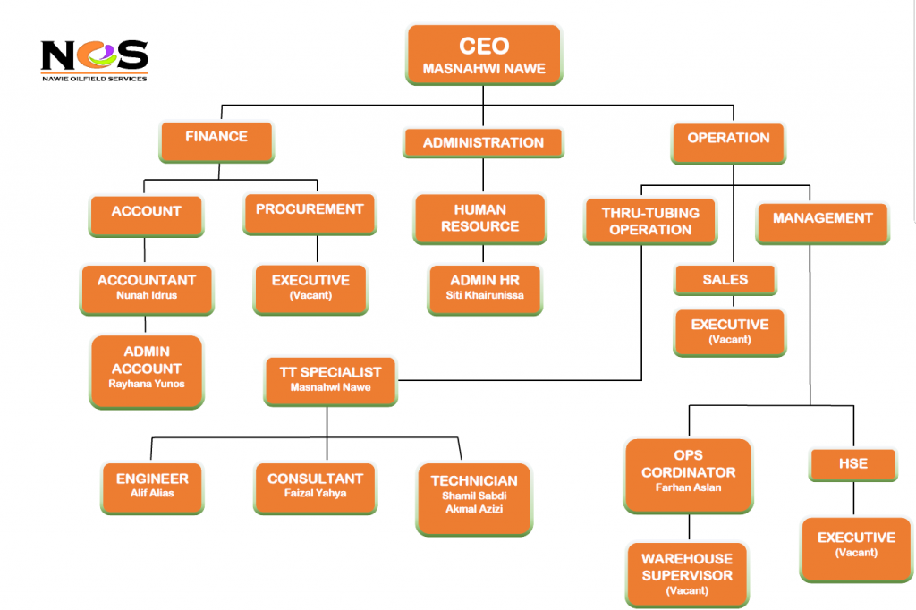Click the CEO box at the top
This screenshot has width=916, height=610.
coord(484,55)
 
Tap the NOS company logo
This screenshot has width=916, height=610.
coord(94,59)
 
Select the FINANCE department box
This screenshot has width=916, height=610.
coord(216,139)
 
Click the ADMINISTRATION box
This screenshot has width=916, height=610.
coord(483,143)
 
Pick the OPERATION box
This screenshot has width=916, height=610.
coord(728,140)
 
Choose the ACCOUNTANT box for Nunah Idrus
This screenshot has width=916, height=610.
coord(147,287)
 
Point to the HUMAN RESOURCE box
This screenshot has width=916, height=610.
coord(479,218)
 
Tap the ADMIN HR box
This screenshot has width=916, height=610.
coord(485,287)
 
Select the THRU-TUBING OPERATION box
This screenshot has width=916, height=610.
coord(650,221)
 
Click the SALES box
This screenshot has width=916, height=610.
coord(725,280)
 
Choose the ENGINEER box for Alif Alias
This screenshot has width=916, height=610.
coord(152,486)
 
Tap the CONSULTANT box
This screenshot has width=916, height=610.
coord(315,486)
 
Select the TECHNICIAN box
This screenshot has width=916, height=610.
coord(474,495)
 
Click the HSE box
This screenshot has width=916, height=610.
coord(852,465)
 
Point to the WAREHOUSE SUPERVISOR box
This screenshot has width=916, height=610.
coord(687,573)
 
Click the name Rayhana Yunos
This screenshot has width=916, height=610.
coord(147,385)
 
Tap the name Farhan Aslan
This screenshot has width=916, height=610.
coord(688,488)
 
